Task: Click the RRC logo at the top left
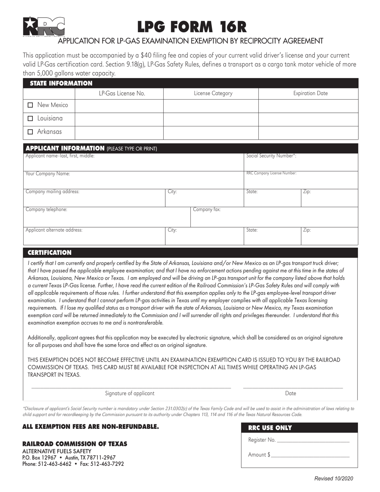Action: tap(44, 27)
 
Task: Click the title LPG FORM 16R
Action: tap(192, 26)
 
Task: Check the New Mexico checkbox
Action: tap(30, 106)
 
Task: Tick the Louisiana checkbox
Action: tap(30, 119)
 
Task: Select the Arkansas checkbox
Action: tap(30, 132)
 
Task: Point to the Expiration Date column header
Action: tap(310, 94)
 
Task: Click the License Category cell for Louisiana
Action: tap(211, 119)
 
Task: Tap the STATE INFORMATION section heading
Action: tap(59, 83)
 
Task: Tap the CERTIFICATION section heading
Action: tap(49, 253)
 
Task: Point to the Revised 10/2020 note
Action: tap(334, 478)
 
